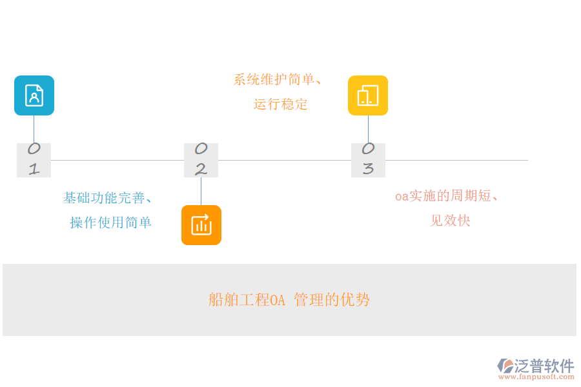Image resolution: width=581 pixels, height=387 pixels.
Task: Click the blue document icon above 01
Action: [x=34, y=95]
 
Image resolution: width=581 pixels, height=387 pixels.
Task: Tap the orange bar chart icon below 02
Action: [x=201, y=225]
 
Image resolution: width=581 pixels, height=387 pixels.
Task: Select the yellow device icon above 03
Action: [x=368, y=95]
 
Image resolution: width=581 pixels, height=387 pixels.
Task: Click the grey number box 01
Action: [x=34, y=160]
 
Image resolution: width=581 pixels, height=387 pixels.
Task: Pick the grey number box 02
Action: [x=201, y=160]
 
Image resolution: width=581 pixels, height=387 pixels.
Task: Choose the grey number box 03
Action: [x=368, y=160]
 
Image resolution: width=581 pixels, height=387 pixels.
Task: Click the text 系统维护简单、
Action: [x=278, y=80]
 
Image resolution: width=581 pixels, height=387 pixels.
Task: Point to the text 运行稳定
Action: [x=281, y=104]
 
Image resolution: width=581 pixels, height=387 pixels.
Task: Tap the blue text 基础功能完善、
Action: [x=108, y=198]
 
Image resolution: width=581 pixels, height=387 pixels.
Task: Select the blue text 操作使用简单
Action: [x=111, y=223]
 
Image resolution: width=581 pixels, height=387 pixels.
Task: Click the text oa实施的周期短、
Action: [x=447, y=196]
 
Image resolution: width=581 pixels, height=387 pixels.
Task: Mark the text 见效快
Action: [x=450, y=221]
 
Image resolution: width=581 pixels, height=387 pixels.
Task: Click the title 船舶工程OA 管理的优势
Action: [x=289, y=300]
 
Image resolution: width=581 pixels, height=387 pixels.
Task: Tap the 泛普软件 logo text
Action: [x=544, y=366]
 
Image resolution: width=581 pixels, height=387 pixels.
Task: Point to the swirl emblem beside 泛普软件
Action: [x=505, y=366]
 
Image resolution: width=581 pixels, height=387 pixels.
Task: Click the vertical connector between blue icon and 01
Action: [x=34, y=129]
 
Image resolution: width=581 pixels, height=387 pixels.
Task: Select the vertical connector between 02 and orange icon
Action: [x=201, y=191]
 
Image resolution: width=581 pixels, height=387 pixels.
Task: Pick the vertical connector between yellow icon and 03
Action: [x=368, y=129]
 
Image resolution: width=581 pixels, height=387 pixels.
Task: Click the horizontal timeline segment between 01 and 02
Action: [x=117, y=160]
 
